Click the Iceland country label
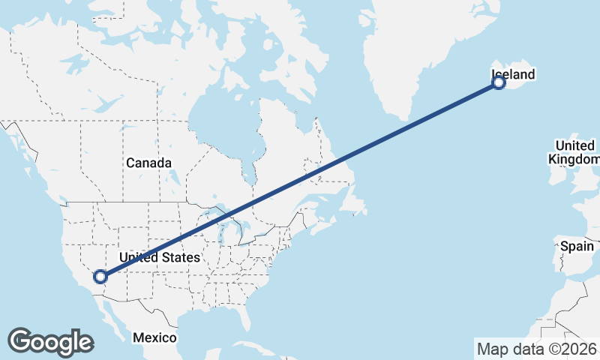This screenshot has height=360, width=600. (514, 74)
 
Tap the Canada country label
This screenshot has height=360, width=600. (148, 163)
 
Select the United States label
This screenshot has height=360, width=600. (160, 257)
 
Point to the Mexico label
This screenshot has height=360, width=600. (154, 337)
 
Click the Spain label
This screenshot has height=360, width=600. (577, 246)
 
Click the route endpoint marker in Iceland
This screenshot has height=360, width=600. (499, 82)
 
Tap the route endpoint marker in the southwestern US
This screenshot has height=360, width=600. (100, 277)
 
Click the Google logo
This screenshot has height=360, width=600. (50, 341)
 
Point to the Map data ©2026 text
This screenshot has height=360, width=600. (536, 349)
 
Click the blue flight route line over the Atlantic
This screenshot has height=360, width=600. (420, 120)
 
